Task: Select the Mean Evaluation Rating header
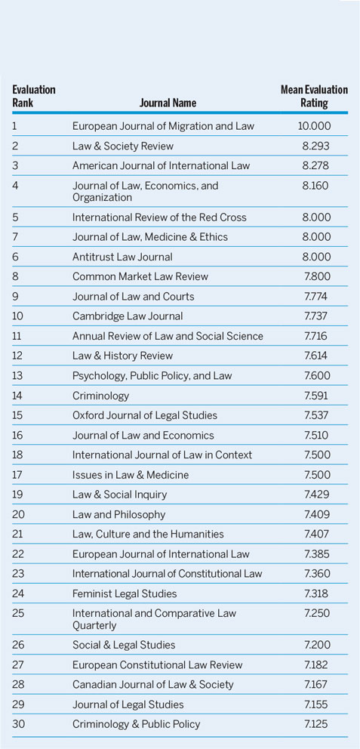coord(314,96)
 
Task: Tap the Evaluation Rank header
coord(34,96)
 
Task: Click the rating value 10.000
coord(314,126)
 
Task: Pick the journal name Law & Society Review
coord(123,146)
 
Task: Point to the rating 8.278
coord(314,165)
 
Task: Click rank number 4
coord(16,185)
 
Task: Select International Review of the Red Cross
coord(159,217)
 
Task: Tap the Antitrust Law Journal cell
coord(122,257)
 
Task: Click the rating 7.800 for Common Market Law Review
coord(314,276)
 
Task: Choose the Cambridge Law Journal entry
coord(128,316)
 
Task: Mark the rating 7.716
coord(314,336)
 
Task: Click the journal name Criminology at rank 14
coord(100,395)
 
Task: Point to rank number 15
coord(17,415)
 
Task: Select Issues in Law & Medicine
coord(131,474)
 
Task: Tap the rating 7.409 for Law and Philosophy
coord(314,514)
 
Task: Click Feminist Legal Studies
coord(125,593)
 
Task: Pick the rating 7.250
coord(314,612)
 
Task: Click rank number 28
coord(17,684)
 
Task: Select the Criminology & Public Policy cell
coord(136,724)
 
